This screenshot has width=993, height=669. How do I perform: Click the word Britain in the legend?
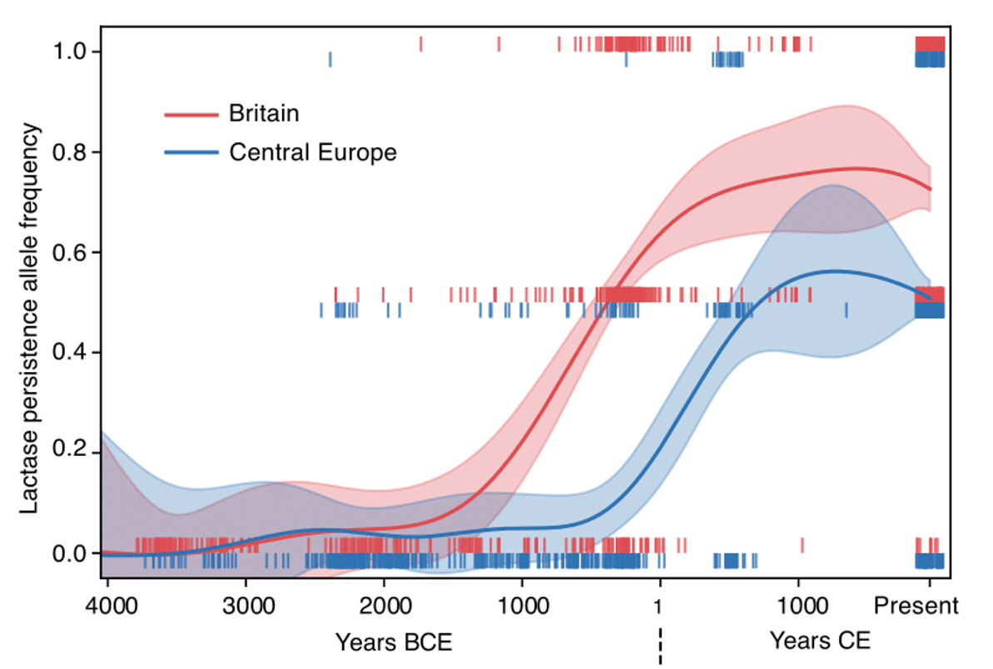(x=263, y=113)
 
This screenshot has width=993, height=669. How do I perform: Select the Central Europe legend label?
(x=312, y=152)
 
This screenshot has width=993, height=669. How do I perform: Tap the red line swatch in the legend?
(x=191, y=113)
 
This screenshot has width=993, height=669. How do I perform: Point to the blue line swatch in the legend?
(x=191, y=152)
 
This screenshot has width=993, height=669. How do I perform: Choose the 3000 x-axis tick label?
(x=246, y=606)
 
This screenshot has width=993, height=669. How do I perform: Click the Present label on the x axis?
(x=916, y=606)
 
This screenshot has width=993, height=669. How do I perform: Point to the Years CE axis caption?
(x=820, y=641)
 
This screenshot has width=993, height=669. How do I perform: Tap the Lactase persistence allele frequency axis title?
(x=30, y=319)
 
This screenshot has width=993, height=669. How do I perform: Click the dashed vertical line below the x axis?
(x=660, y=645)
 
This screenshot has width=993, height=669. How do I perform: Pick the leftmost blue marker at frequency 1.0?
(x=330, y=60)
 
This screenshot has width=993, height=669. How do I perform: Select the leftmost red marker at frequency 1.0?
(x=420, y=44)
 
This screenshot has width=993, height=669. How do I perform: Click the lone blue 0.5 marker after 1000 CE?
(x=846, y=310)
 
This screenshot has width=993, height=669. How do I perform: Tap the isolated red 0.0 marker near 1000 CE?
(x=802, y=545)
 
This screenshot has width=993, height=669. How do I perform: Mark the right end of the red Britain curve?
(x=930, y=190)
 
